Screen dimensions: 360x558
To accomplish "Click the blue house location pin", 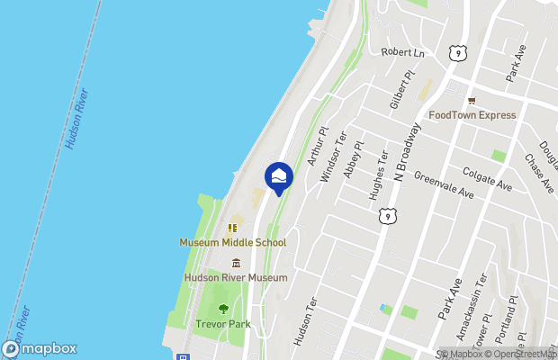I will pyautogui.click(x=279, y=176).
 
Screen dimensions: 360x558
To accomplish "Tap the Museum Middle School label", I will pyautogui.click(x=232, y=242).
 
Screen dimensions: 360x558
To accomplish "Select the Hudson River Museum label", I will pyautogui.click(x=236, y=278).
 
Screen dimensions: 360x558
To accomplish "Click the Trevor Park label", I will pyautogui.click(x=223, y=324).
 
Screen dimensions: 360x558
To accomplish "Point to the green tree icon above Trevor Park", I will pyautogui.click(x=223, y=309).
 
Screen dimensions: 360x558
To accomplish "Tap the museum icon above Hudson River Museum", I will pyautogui.click(x=236, y=263).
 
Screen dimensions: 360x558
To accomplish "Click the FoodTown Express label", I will pyautogui.click(x=472, y=115).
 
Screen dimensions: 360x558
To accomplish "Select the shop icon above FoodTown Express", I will pyautogui.click(x=471, y=100).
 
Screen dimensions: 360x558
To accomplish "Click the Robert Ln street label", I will pyautogui.click(x=401, y=53).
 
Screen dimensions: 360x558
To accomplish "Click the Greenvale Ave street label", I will pyautogui.click(x=444, y=185).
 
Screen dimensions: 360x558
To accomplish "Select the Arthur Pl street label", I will pyautogui.click(x=315, y=147).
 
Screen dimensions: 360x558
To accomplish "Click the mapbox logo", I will pyautogui.click(x=40, y=348).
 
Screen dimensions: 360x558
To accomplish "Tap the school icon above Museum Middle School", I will pyautogui.click(x=231, y=227).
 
